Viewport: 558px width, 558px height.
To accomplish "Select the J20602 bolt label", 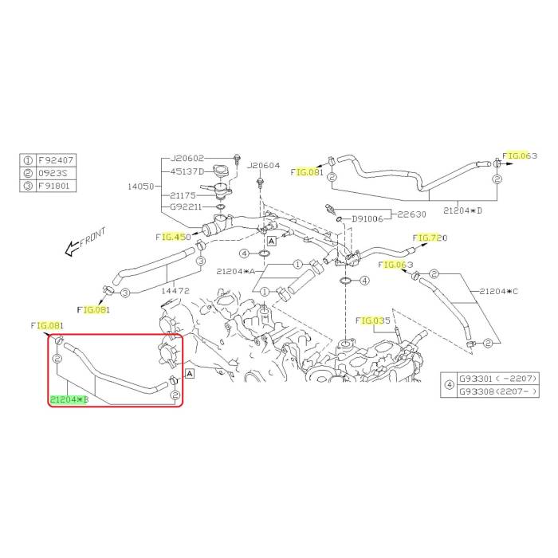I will tap(187, 158).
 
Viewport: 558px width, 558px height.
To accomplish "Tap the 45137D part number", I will tap(187, 171).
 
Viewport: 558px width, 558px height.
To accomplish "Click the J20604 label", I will tap(264, 166).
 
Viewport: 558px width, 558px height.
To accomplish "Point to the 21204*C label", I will tap(499, 291).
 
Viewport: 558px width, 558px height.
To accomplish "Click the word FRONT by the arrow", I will tap(93, 234).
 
